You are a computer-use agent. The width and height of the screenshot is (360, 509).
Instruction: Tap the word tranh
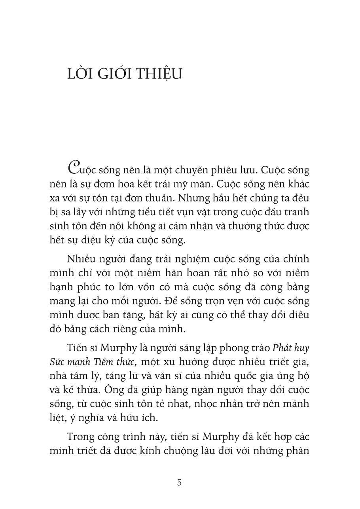click(x=296, y=212)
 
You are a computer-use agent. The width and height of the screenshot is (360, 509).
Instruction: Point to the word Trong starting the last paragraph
click(x=80, y=437)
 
